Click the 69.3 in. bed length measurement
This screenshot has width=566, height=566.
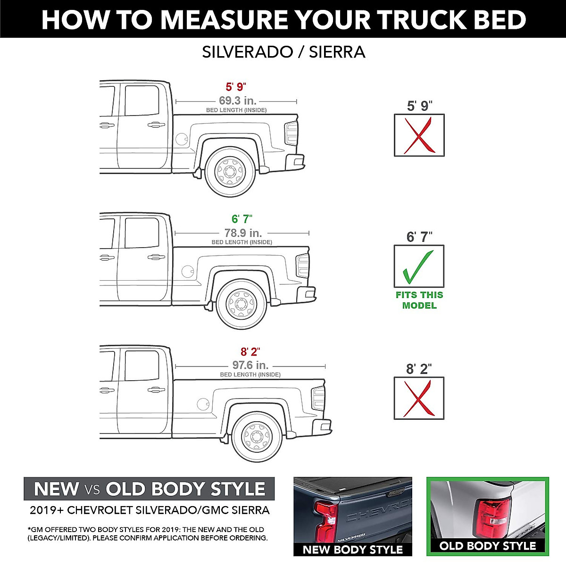(237, 100)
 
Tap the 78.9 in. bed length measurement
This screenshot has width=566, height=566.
(243, 233)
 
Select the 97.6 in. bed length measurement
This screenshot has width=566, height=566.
(250, 365)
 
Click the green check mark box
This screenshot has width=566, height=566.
(419, 266)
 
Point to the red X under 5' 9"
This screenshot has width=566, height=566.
(419, 135)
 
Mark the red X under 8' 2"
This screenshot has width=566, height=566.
(419, 399)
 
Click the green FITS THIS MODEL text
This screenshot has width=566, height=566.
(419, 300)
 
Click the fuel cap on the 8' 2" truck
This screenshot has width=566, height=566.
(203, 404)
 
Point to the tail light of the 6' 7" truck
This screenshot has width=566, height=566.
(303, 266)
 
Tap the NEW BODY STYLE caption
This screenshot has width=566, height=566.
(352, 549)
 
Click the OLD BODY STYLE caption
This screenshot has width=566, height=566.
(488, 546)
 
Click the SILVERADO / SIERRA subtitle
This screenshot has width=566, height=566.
(283, 52)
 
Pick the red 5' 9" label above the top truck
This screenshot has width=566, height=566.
(236, 87)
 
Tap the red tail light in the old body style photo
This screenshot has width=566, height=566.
(493, 519)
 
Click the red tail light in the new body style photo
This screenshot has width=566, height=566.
(326, 521)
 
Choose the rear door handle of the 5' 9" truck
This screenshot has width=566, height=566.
(156, 125)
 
